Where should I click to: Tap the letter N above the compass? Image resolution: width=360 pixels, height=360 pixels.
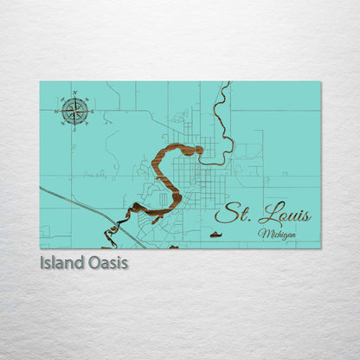point(74,93)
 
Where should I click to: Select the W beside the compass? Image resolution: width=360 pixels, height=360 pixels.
point(56,110)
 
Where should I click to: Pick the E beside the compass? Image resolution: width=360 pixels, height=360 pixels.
point(92,110)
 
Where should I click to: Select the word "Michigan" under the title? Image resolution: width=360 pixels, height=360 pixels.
point(277,234)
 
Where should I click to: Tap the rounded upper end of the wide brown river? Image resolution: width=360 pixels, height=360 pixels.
point(198,150)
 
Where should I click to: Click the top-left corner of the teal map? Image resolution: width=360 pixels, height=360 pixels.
point(40,82)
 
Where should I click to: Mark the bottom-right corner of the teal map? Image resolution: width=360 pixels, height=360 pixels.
point(320,247)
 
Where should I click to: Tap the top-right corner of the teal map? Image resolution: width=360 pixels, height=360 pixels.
point(320,82)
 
